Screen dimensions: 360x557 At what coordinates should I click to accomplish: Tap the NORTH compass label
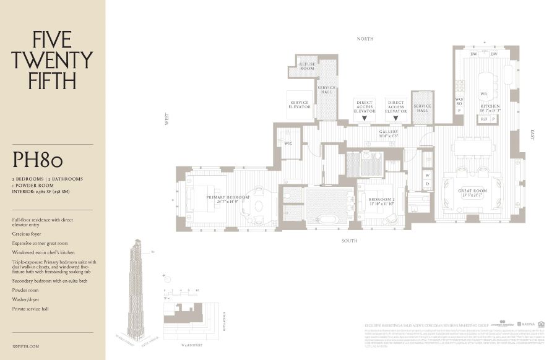coord(365,39)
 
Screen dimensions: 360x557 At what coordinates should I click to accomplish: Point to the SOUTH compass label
coord(350,241)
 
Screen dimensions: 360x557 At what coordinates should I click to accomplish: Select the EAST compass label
coord(532,134)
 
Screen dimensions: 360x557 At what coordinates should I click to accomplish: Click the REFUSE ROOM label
coord(307,66)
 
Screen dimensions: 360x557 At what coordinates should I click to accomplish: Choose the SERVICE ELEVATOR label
coord(300,105)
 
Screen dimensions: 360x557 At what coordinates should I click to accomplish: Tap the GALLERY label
coord(388,132)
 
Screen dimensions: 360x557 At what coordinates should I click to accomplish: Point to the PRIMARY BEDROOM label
coord(228,198)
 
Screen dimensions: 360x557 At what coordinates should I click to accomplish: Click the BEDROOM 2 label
coord(381,200)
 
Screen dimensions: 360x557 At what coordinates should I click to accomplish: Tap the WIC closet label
coord(288,143)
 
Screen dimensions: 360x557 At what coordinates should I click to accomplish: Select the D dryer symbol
coord(427,184)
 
